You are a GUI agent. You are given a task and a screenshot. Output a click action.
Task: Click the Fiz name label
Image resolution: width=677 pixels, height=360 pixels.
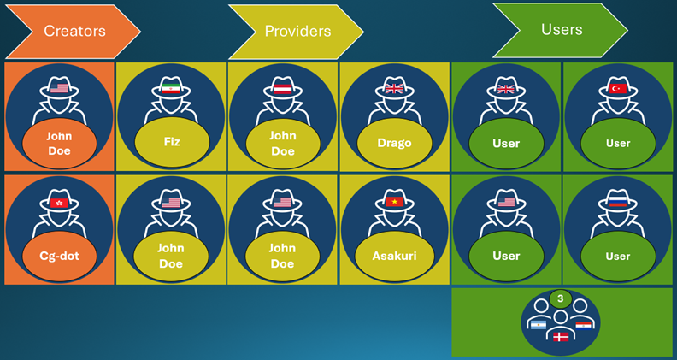(x=171, y=143)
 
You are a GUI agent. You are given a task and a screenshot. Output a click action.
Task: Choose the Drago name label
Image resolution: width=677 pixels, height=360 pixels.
(x=394, y=143)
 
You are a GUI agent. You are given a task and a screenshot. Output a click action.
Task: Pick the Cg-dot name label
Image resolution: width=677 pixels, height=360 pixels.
(x=59, y=256)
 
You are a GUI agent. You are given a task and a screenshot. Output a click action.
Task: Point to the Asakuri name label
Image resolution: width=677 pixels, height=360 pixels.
(x=394, y=256)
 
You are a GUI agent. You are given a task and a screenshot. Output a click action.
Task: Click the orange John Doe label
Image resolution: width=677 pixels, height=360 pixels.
(x=59, y=143)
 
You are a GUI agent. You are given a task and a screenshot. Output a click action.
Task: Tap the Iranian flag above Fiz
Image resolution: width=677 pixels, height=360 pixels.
(x=171, y=89)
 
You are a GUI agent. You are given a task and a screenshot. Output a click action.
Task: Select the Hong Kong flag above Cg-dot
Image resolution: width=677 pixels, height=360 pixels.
(x=60, y=202)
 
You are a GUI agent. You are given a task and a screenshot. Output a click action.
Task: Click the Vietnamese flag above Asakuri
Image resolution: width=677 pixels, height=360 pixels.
(x=394, y=202)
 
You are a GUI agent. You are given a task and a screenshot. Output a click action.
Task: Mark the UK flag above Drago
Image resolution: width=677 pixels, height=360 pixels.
(x=394, y=89)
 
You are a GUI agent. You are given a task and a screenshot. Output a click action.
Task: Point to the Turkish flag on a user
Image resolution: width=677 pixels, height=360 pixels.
(x=618, y=89)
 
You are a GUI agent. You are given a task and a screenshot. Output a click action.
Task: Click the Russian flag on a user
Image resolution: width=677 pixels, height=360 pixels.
(x=618, y=202)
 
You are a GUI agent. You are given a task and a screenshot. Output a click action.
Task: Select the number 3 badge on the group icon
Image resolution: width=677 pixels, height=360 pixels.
(x=560, y=298)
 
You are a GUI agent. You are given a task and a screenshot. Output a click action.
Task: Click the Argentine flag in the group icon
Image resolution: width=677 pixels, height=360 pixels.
(x=538, y=325)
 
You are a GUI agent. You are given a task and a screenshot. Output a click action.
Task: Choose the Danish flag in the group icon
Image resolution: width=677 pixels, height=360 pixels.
(x=561, y=338)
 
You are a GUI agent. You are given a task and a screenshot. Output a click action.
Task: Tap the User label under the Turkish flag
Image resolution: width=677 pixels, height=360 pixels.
(x=618, y=143)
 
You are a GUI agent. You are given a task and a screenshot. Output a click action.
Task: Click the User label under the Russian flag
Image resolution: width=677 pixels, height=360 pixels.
(x=618, y=256)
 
